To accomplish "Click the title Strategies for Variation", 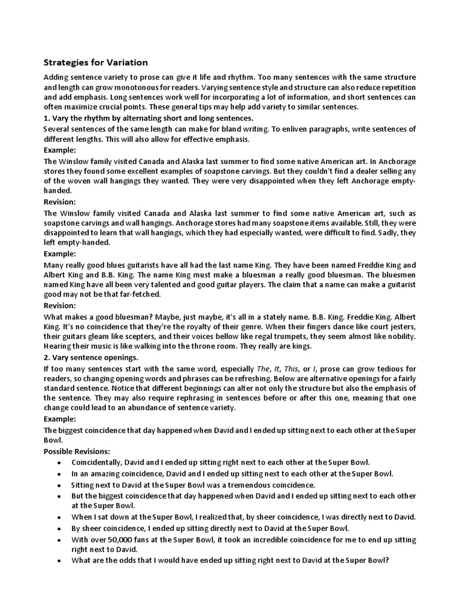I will click(x=96, y=62).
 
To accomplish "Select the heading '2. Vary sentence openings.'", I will click(x=91, y=357).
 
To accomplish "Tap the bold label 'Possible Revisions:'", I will click(x=77, y=451).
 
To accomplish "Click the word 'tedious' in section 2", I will click(x=379, y=368).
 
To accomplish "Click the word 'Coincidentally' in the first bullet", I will click(x=98, y=462).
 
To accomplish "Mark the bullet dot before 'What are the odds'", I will click(x=58, y=562).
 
